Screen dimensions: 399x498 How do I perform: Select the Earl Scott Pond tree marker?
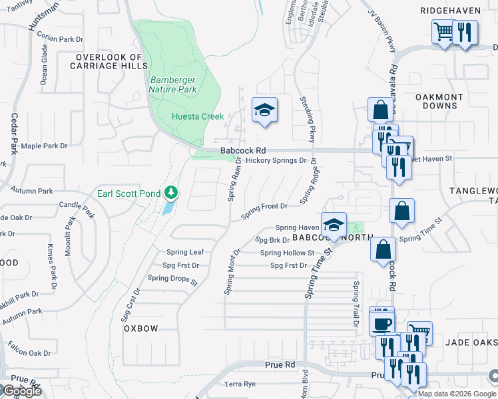click(x=172, y=193)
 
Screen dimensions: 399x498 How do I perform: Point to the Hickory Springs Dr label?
click(x=276, y=160)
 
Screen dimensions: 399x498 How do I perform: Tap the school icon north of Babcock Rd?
click(x=264, y=110)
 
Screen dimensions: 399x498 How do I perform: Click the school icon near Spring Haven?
click(x=334, y=224)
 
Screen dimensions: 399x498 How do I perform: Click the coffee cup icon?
click(x=382, y=324)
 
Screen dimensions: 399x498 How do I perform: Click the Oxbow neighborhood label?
click(x=140, y=329)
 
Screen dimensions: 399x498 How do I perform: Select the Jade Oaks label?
click(x=472, y=341)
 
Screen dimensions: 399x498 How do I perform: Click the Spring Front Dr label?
click(x=264, y=207)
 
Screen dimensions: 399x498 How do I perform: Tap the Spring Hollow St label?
click(x=287, y=253)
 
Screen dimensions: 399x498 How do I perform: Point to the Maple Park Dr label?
click(x=45, y=146)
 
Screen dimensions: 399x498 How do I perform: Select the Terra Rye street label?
click(x=240, y=384)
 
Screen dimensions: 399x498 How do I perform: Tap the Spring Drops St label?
click(x=172, y=280)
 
